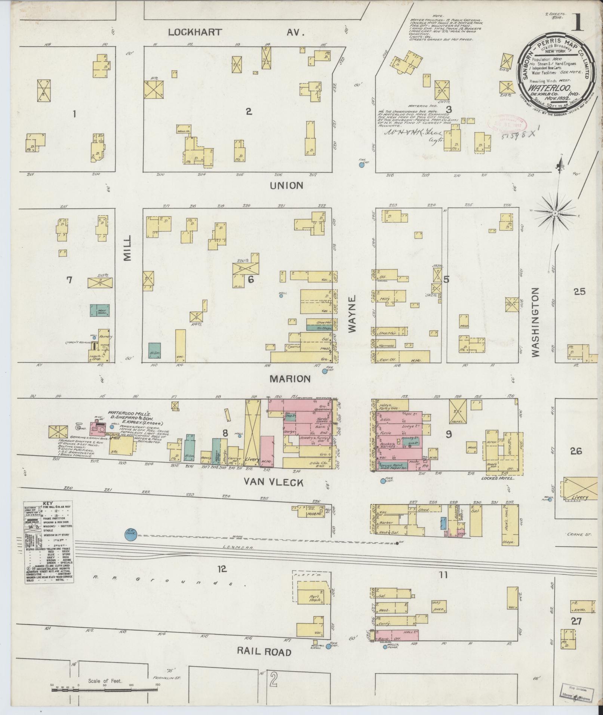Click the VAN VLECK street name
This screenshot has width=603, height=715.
pos(273,483)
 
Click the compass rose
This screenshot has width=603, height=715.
pos(555,213)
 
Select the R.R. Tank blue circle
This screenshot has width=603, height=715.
pos(131,534)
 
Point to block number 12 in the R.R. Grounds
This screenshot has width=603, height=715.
pos(222,580)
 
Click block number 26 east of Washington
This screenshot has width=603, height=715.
pos(576,451)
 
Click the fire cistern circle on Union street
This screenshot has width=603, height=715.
pos(362,165)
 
